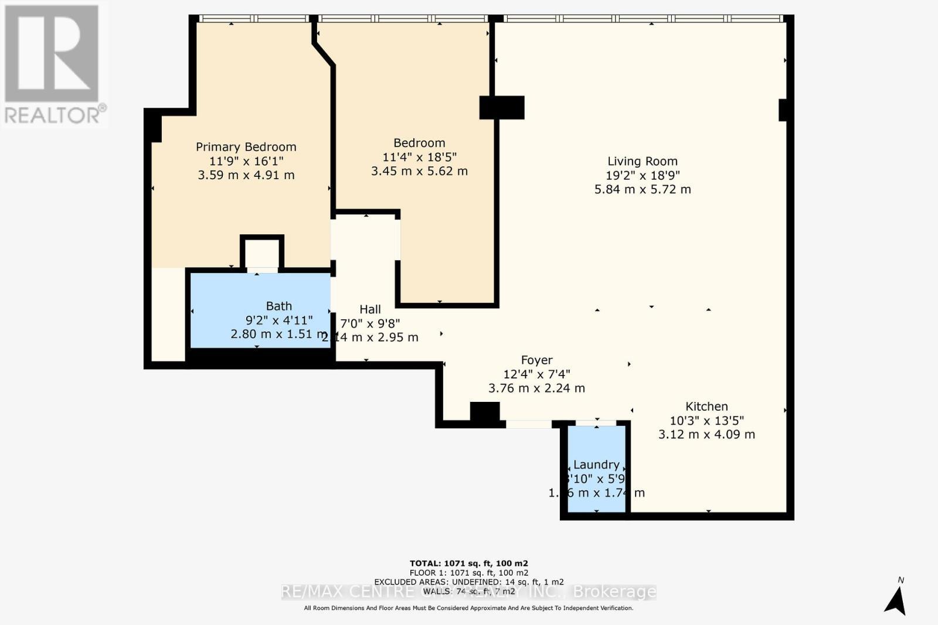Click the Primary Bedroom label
click(x=246, y=147)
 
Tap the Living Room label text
click(x=642, y=161)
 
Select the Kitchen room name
click(x=706, y=407)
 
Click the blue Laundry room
click(x=596, y=492)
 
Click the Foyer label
click(x=536, y=360)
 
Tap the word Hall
click(x=370, y=309)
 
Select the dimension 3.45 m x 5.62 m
click(x=419, y=171)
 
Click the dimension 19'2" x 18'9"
click(x=643, y=175)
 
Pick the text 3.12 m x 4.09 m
click(x=706, y=435)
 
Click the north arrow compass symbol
click(x=895, y=599)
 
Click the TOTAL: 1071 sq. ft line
click(x=468, y=563)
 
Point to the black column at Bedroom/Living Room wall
click(x=502, y=108)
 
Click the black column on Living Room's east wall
click(x=783, y=110)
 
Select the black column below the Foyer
click(x=485, y=412)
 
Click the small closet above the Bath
click(x=261, y=254)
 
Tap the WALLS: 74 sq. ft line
click(x=468, y=592)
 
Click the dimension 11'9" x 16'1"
click(x=246, y=161)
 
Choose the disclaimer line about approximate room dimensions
click(x=468, y=608)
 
